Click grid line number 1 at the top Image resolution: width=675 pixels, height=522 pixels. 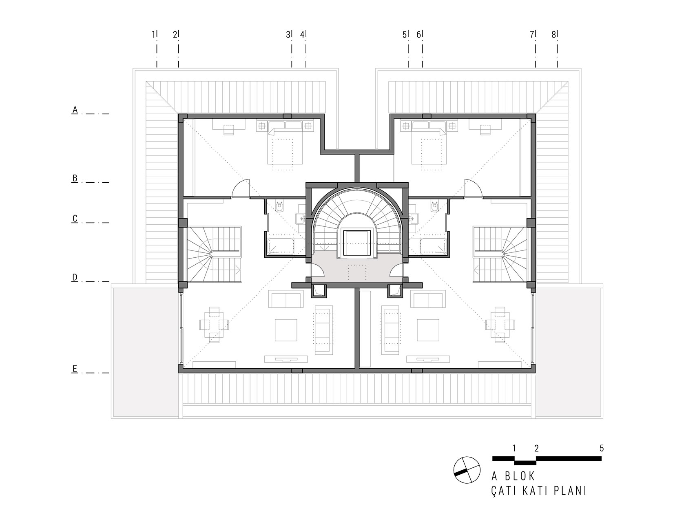(x=153, y=35)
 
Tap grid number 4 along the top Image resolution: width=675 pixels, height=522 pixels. (x=302, y=35)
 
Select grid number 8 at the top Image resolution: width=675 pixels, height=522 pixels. (x=553, y=35)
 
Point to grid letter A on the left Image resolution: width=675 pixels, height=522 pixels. (x=75, y=110)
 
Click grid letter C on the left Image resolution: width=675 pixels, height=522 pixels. (x=75, y=219)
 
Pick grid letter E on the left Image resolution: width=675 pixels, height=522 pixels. (x=75, y=369)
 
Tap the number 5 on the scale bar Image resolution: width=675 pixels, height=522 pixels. (x=602, y=449)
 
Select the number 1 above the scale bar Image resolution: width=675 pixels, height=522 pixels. (x=514, y=449)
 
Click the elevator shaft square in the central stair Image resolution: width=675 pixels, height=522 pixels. (x=356, y=243)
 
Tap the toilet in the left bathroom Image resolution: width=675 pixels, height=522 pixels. (x=279, y=206)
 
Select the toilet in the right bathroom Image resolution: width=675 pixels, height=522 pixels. (x=434, y=206)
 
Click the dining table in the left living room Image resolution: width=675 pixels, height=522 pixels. (x=214, y=325)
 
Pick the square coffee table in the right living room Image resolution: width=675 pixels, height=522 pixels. (x=428, y=330)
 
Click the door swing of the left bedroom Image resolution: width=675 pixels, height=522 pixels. (x=241, y=188)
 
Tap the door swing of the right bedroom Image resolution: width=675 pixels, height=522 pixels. (x=473, y=188)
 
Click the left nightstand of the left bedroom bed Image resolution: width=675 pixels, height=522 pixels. (x=262, y=126)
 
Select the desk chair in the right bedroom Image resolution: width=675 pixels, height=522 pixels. (x=485, y=130)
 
